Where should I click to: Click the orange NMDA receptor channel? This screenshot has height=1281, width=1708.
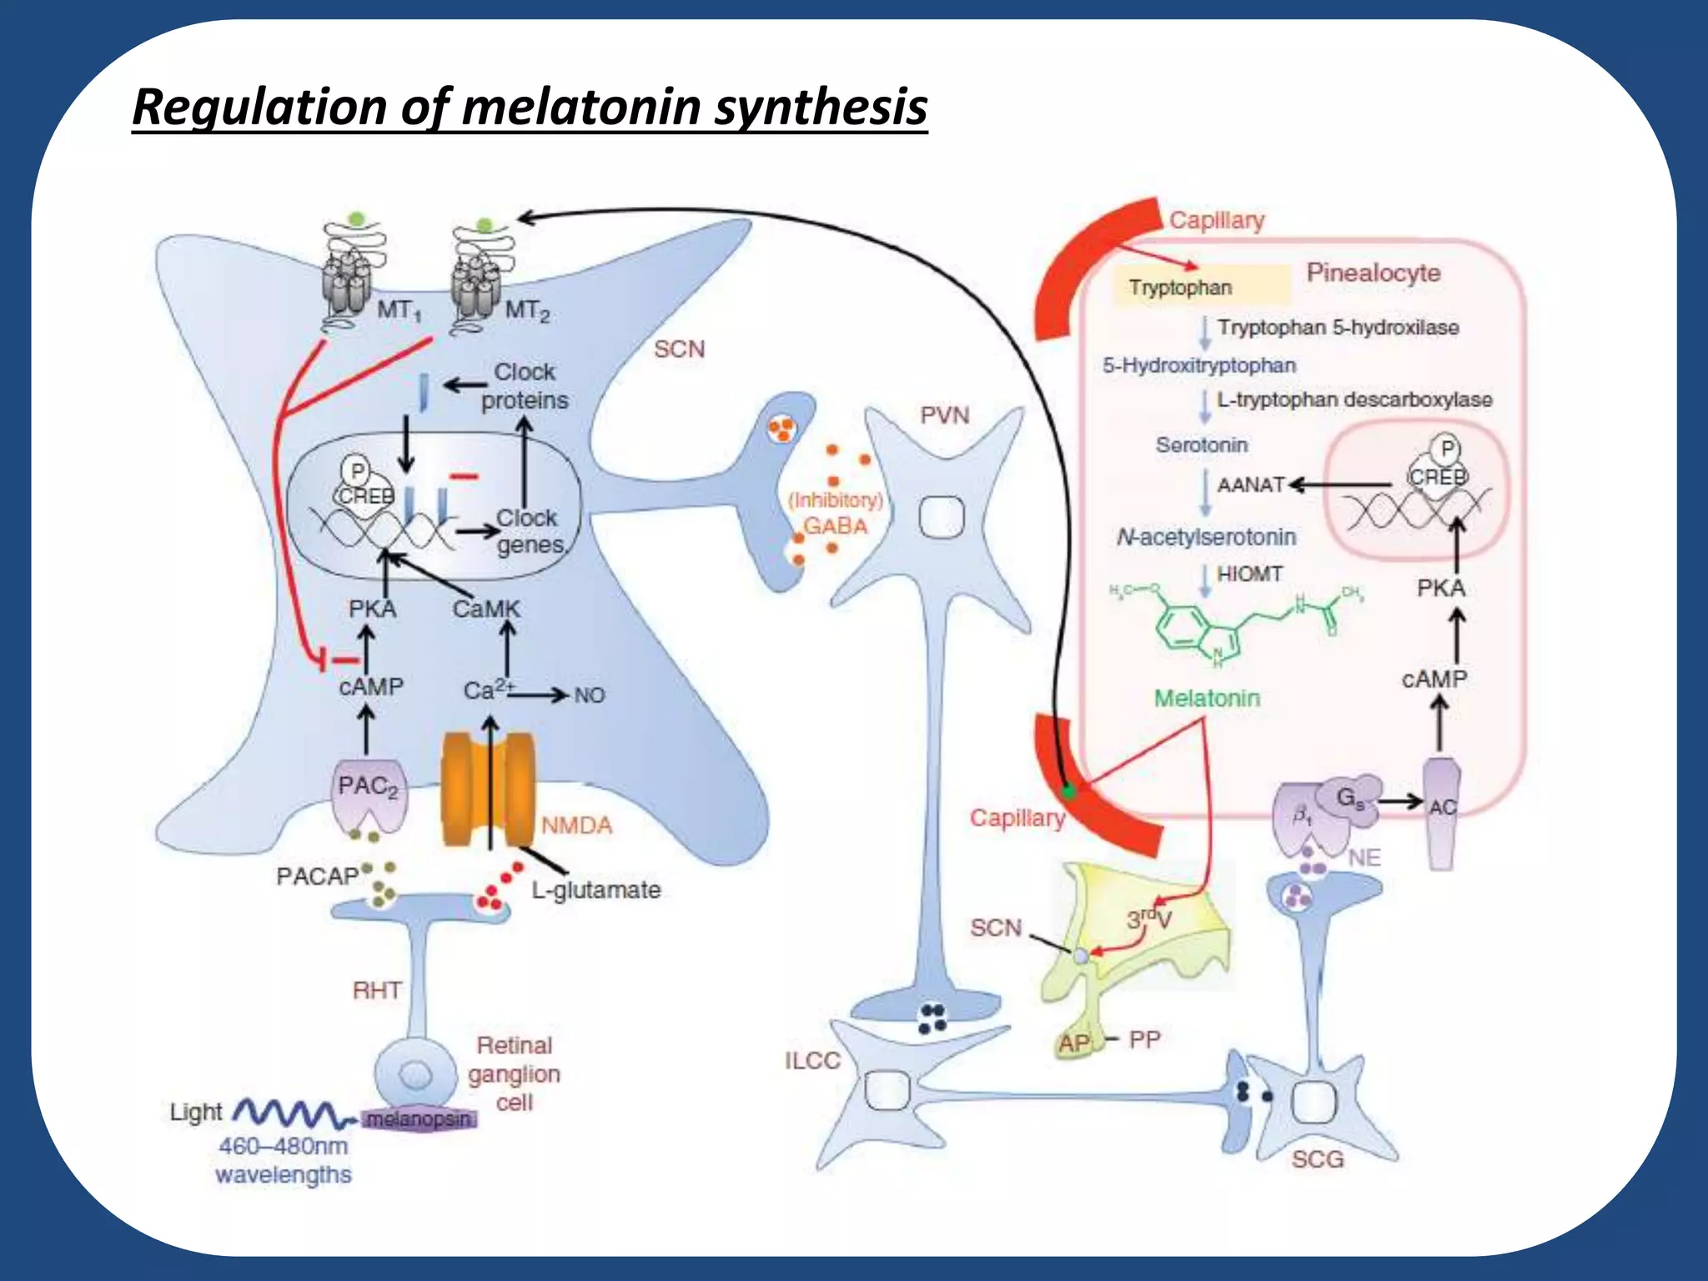(488, 789)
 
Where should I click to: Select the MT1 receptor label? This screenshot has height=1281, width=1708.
(399, 310)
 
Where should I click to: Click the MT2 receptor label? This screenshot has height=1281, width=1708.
(527, 311)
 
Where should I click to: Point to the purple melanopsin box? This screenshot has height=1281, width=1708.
(420, 1119)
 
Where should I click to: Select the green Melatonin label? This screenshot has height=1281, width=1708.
(1206, 698)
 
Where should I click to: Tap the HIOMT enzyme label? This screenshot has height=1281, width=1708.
(1248, 574)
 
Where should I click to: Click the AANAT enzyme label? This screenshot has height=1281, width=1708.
(1250, 485)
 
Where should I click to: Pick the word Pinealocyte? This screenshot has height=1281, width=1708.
(1373, 273)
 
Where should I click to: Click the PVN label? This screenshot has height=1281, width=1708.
(944, 415)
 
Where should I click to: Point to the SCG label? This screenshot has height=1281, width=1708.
(1318, 1159)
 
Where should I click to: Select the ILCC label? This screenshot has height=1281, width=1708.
(811, 1061)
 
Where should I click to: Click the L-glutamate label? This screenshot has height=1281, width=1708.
(595, 890)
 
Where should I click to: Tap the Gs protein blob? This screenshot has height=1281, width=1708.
(1351, 799)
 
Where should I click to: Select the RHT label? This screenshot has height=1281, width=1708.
(377, 990)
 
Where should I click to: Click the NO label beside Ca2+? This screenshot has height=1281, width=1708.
(589, 695)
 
